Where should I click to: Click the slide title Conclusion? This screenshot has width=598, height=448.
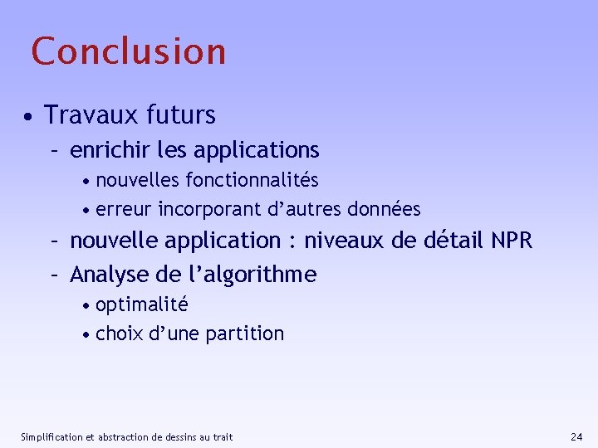(x=129, y=51)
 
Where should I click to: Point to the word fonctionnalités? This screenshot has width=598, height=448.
(x=252, y=180)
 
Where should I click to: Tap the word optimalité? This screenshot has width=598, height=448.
(x=142, y=304)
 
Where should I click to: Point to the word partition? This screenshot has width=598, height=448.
(x=245, y=334)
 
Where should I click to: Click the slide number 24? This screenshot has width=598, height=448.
(x=577, y=436)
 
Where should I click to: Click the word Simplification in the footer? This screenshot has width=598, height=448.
(x=51, y=436)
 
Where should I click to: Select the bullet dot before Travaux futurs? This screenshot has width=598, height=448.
(x=28, y=116)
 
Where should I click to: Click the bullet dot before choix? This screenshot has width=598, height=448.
(x=87, y=335)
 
